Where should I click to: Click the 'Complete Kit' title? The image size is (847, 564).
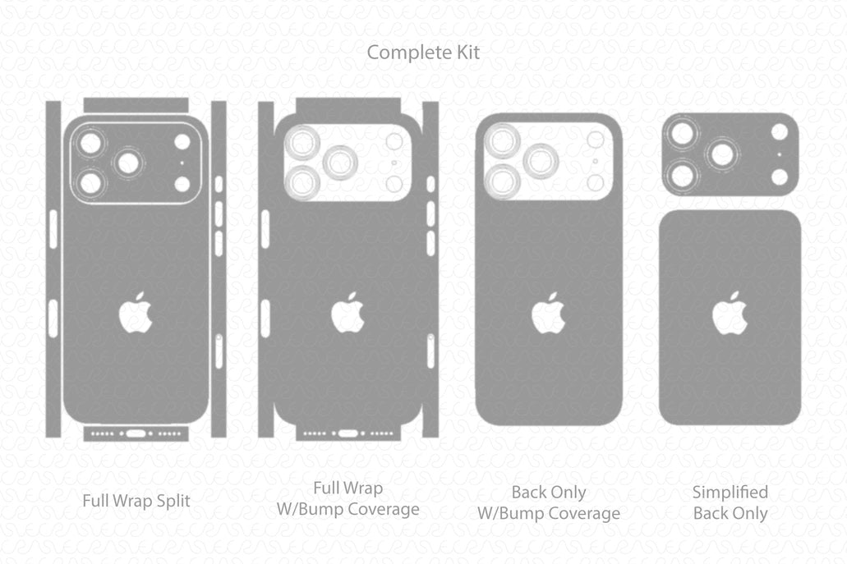pos(423,53)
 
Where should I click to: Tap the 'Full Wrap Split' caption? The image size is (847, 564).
pos(136,501)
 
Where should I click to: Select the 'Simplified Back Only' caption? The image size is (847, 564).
pos(730,502)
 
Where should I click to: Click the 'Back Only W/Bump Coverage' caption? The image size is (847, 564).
pos(549,502)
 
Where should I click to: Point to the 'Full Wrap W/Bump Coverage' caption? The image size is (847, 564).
pos(348,498)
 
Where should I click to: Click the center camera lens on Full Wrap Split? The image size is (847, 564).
pos(128,163)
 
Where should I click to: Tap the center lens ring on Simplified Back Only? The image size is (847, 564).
pos(722,154)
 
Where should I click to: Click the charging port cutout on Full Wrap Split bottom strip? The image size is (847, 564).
pos(136,433)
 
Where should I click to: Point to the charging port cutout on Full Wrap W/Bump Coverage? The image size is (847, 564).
pos(348,433)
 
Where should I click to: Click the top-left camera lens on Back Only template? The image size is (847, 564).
pos(501,141)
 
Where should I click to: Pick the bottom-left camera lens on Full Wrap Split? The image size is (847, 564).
pos(90,182)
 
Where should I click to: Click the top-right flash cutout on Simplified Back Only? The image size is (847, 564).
pos(780,131)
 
